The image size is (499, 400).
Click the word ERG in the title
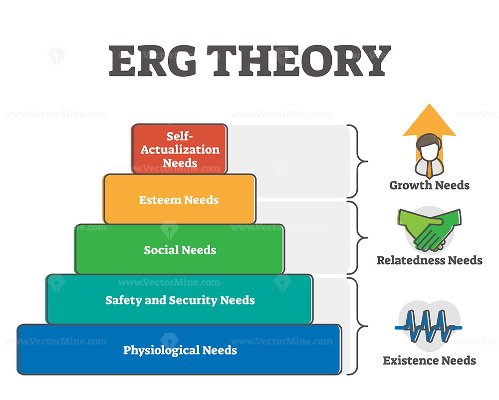tap(153, 60)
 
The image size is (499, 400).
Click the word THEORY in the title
tap(299, 60)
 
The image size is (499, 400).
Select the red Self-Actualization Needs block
tap(180, 149)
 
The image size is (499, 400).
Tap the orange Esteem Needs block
tap(180, 199)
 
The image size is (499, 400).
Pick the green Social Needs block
tap(180, 249)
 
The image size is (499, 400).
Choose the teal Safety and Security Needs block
tap(180, 299)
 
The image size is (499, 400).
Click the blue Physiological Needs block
tap(180, 349)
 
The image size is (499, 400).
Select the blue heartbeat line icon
tap(428, 326)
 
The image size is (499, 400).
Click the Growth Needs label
tap(429, 185)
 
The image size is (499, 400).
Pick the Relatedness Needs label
tap(429, 260)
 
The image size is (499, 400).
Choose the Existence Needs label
tap(429, 360)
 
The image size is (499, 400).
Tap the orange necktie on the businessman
tap(430, 169)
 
